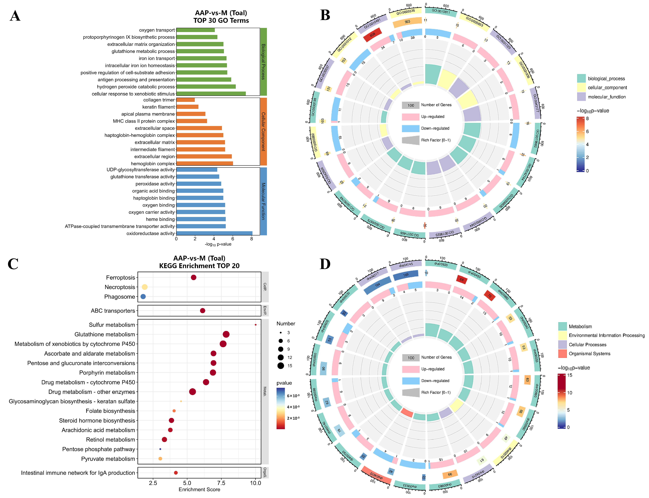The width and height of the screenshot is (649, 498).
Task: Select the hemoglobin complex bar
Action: (x=204, y=163)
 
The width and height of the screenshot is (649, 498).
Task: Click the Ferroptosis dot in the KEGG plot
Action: (x=194, y=277)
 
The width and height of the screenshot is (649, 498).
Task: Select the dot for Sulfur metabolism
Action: (x=256, y=325)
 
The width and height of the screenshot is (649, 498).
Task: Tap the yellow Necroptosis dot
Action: (x=145, y=287)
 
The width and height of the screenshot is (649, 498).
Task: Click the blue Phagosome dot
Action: (x=143, y=296)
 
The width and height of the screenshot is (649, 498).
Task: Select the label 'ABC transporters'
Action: (x=113, y=311)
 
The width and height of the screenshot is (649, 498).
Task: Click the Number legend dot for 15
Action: (x=281, y=366)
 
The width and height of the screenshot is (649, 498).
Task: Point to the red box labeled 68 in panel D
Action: (x=462, y=280)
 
